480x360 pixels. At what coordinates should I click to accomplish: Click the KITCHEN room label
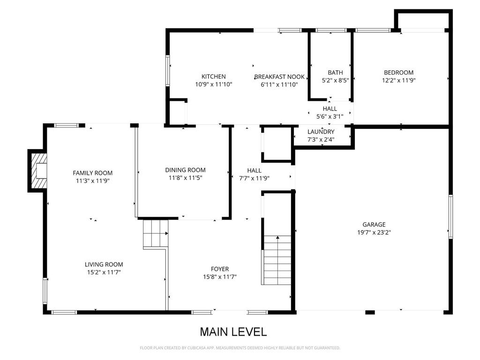pyautogui.click(x=214, y=76)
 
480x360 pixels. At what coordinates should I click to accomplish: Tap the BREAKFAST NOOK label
pyautogui.click(x=279, y=77)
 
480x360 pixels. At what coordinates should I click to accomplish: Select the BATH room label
pyautogui.click(x=335, y=73)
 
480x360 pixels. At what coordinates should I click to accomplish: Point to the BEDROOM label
pyautogui.click(x=398, y=73)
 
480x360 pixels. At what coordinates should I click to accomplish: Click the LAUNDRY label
pyautogui.click(x=321, y=132)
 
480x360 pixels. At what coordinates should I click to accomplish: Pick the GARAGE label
pyautogui.click(x=374, y=225)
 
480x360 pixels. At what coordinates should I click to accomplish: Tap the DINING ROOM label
pyautogui.click(x=185, y=170)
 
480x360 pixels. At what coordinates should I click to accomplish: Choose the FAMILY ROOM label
pyautogui.click(x=92, y=173)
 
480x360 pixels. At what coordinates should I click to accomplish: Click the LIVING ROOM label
pyautogui.click(x=104, y=264)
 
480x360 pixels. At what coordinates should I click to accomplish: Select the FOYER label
pyautogui.click(x=220, y=269)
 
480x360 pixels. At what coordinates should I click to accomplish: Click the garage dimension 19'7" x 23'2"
pyautogui.click(x=374, y=232)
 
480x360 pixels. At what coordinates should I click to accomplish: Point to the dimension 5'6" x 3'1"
pyautogui.click(x=330, y=117)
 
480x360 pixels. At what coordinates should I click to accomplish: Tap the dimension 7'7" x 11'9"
pyautogui.click(x=254, y=178)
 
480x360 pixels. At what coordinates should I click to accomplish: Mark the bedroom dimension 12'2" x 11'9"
pyautogui.click(x=398, y=81)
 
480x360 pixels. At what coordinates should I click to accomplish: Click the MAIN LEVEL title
pyautogui.click(x=233, y=332)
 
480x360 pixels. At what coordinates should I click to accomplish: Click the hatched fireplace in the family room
pyautogui.click(x=38, y=171)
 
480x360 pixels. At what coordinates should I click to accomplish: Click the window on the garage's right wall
pyautogui.click(x=450, y=217)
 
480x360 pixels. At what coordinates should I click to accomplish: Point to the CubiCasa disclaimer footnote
pyautogui.click(x=240, y=348)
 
